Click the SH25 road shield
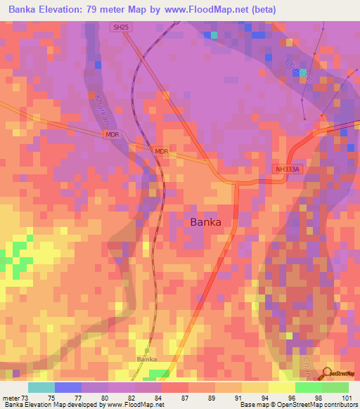(x=122, y=27)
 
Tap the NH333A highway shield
(x=287, y=169)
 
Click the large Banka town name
(x=206, y=222)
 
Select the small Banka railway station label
(x=146, y=358)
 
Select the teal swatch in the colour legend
(x=41, y=387)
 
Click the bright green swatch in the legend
(x=309, y=387)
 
